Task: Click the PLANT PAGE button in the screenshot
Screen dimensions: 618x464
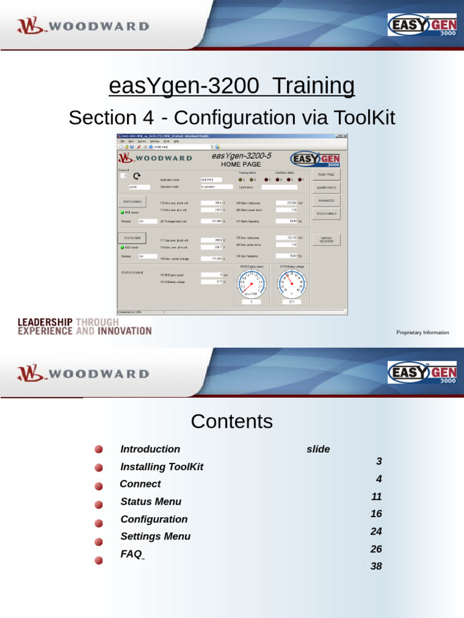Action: [x=326, y=174]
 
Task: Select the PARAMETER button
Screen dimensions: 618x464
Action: [x=326, y=200]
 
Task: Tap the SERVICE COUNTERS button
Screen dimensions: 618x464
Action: [x=326, y=240]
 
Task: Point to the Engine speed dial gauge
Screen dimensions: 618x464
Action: [x=251, y=284]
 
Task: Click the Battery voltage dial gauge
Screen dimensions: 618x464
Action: [x=292, y=284]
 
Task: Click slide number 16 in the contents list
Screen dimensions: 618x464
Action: [x=376, y=514]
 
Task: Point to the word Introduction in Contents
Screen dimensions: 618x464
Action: [x=150, y=449]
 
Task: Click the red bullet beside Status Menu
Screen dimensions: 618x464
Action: [x=98, y=503]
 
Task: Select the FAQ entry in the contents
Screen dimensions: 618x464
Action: [x=131, y=553]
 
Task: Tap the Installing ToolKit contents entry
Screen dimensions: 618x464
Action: [x=162, y=467]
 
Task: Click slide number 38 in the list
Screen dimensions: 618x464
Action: [x=376, y=567]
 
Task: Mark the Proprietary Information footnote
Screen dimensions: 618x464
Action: [x=422, y=333]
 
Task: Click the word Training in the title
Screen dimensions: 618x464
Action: [x=313, y=86]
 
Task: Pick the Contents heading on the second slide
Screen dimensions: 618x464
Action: [x=232, y=421]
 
